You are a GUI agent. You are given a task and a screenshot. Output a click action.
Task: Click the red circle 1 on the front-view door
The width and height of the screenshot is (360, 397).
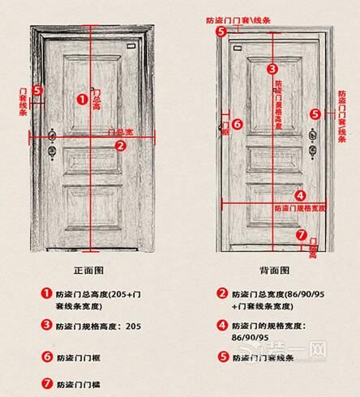pyautogui.click(x=81, y=99)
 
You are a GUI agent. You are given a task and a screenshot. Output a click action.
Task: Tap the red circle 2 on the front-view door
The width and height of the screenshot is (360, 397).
pyautogui.click(x=120, y=146)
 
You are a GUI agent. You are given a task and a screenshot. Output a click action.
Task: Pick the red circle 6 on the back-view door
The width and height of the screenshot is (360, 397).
pyautogui.click(x=237, y=124)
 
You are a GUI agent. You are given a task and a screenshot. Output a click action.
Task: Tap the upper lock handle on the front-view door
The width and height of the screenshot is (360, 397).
pyautogui.click(x=53, y=134)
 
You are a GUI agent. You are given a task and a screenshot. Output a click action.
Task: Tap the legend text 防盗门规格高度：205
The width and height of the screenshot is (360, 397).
pyautogui.click(x=101, y=326)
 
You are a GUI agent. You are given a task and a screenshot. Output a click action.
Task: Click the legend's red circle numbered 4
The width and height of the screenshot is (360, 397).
pyautogui.click(x=221, y=326)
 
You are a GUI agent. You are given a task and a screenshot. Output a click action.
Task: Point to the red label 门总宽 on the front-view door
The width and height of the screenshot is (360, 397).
pyautogui.click(x=120, y=131)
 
